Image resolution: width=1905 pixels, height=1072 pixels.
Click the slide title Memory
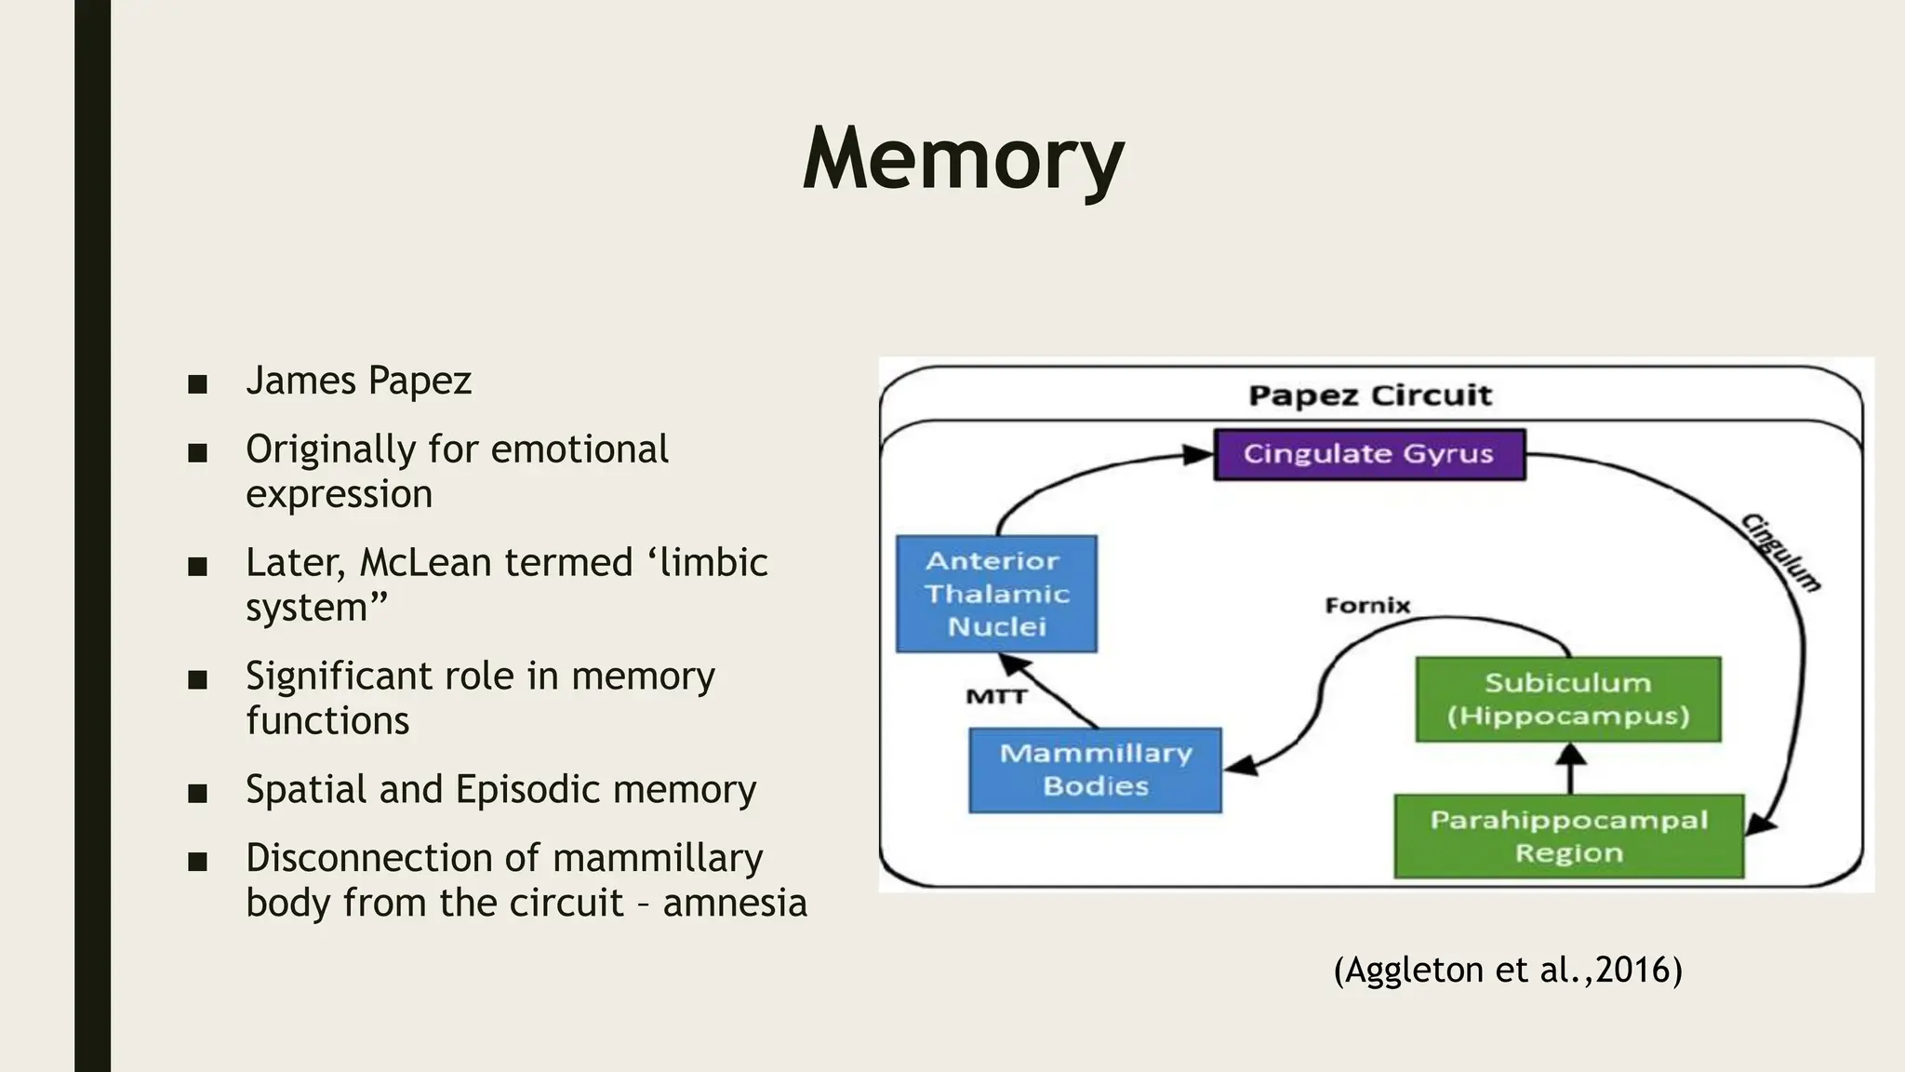coord(963,159)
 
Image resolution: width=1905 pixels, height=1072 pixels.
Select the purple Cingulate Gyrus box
coord(1369,454)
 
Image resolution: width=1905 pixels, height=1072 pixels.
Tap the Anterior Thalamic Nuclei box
coord(996,594)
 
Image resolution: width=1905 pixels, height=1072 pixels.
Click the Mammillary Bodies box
coord(1095,770)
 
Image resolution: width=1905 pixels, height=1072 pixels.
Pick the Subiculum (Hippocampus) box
coord(1567,699)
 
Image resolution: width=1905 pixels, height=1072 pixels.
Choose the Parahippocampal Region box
coord(1568,836)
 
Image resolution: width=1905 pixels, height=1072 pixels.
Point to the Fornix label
coord(1367,606)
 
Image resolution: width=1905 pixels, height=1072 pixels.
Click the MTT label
coord(995,696)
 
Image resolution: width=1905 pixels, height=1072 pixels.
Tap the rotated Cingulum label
coord(1780,553)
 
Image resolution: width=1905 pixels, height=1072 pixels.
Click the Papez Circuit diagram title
coord(1369,395)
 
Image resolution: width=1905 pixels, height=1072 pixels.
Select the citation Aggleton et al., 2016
coord(1507,970)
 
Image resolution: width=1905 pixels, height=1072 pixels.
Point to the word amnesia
coord(735,902)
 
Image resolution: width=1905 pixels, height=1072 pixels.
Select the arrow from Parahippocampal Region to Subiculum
coord(1571,769)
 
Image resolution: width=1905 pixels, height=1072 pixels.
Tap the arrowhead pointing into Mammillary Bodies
coord(1241,767)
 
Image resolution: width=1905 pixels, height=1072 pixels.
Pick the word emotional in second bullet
coord(579,449)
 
